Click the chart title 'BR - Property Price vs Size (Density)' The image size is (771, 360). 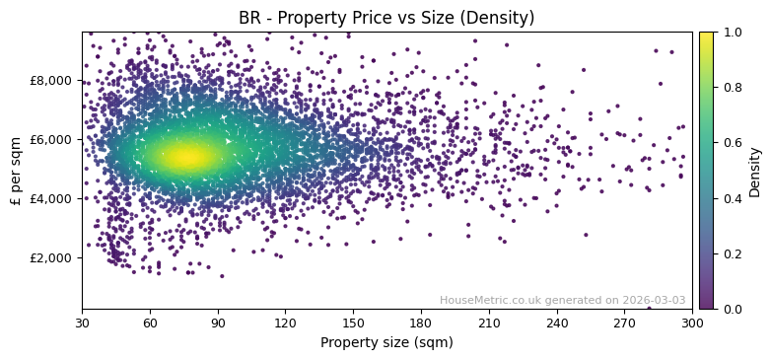(x=386, y=18)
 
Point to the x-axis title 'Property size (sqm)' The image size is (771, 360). (x=386, y=343)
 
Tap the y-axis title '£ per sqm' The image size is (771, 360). (x=16, y=170)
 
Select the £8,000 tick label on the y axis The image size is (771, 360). (x=48, y=80)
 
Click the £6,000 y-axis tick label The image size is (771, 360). (x=48, y=139)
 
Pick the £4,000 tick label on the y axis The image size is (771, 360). (x=48, y=198)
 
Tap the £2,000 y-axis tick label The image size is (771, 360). (x=48, y=257)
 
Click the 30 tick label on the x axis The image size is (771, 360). (x=82, y=323)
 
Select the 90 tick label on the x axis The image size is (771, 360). (x=218, y=323)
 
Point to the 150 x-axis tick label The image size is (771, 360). (x=353, y=323)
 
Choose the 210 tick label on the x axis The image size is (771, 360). (x=489, y=323)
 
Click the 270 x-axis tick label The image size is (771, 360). (x=624, y=323)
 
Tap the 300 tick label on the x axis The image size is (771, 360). (x=692, y=323)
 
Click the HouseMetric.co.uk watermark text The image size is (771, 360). (x=562, y=300)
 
